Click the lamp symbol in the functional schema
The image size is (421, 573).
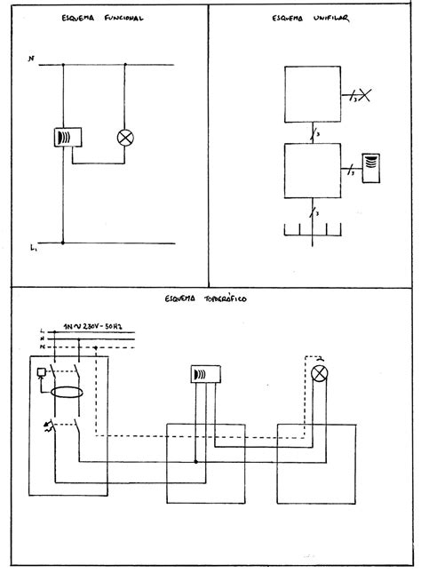(125, 138)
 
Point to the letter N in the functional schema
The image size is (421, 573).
(32, 61)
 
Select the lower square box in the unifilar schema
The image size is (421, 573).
(313, 171)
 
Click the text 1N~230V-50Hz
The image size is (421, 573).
(96, 326)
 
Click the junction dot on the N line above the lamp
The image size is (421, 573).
(125, 65)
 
